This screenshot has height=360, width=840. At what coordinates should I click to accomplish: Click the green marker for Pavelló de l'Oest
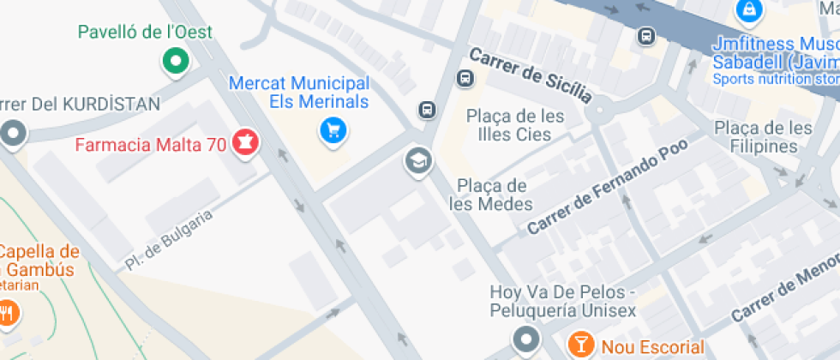175,62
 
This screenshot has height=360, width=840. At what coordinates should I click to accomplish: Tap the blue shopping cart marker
333,130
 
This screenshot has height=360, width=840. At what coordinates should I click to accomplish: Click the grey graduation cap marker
417,160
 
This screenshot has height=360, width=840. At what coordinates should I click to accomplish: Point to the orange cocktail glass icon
581,345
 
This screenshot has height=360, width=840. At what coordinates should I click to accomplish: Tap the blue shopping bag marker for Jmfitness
748,11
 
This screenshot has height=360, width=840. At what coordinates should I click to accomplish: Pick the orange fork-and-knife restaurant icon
8,313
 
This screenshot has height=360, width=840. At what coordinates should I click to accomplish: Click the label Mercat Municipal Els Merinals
298,93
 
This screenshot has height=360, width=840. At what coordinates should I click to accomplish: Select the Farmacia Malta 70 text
151,145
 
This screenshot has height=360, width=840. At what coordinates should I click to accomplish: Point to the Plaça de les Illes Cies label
515,125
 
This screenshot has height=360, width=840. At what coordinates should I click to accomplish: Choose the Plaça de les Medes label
495,195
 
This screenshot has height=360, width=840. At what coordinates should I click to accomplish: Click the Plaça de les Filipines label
763,137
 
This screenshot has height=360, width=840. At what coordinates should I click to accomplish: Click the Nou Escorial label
652,347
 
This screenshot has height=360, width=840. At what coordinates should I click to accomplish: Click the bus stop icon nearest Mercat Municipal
426,109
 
